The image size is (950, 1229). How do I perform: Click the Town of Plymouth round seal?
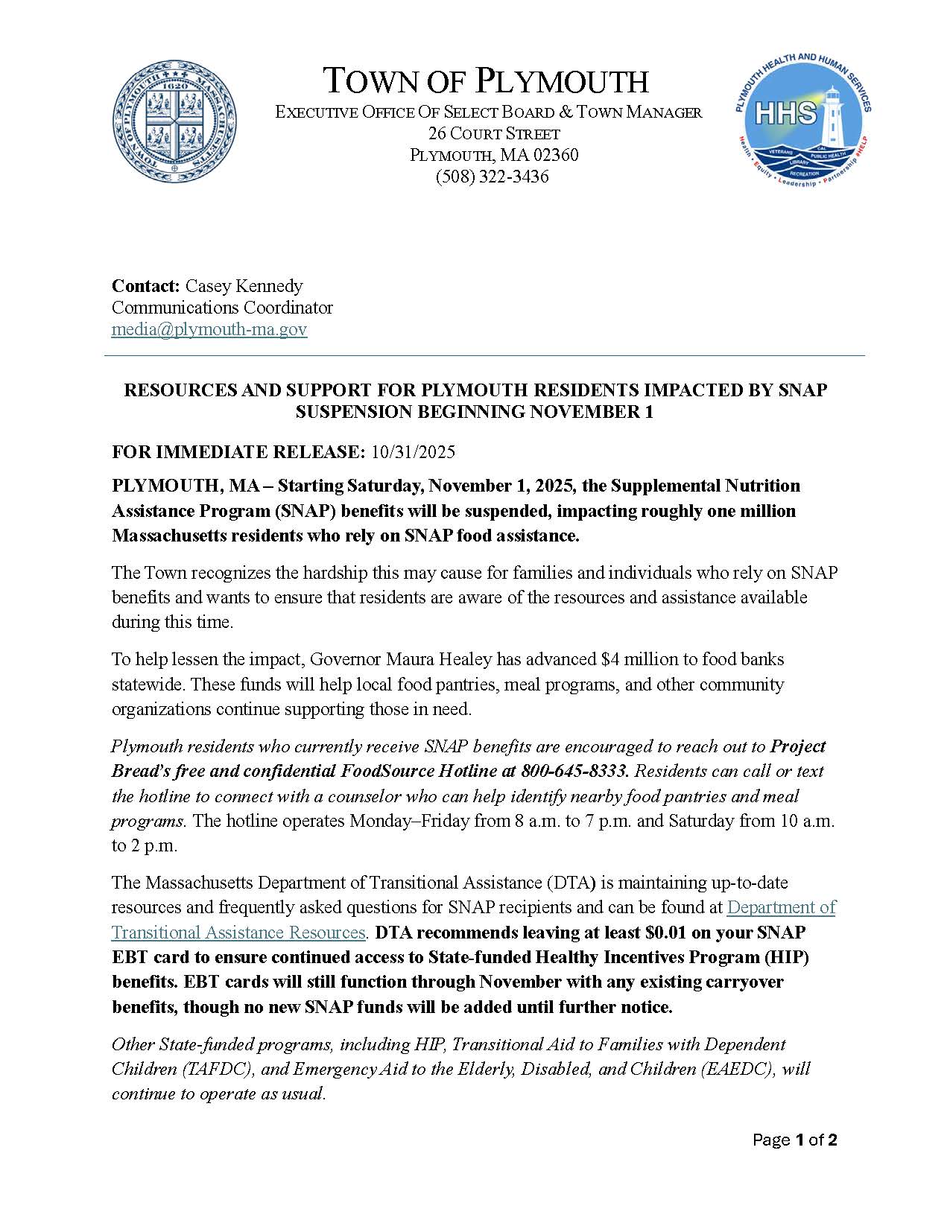175,121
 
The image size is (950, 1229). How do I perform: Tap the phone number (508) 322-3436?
492,177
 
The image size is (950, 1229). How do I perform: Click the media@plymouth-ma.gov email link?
209,329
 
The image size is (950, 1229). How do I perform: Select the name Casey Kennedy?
244,286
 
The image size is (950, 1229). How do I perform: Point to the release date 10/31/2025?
413,452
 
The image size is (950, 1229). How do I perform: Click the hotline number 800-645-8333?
574,771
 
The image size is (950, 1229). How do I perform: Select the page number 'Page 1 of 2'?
794,1140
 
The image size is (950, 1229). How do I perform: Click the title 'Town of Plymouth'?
486,80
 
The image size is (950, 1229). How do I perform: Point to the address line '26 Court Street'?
494,134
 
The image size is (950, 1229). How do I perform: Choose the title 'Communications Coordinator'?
222,308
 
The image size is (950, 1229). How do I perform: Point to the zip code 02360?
554,155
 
